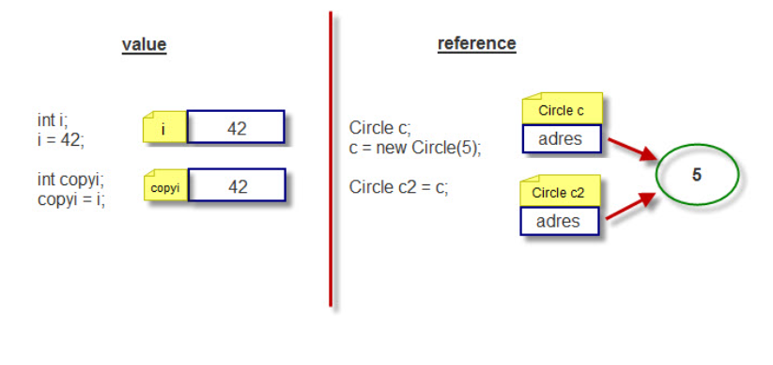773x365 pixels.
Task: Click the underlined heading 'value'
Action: click(x=144, y=44)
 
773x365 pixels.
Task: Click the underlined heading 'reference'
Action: click(x=476, y=43)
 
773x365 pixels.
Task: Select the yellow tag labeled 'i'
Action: click(x=164, y=129)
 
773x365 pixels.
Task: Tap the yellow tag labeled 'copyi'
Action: click(x=165, y=187)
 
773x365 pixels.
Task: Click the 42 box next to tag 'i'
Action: click(x=237, y=128)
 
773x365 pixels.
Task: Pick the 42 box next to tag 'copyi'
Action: click(x=237, y=186)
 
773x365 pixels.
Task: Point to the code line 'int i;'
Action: click(x=53, y=120)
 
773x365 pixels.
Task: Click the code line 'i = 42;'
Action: click(x=61, y=138)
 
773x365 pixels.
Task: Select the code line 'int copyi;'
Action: click(x=70, y=180)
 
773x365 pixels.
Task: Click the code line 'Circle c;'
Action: click(x=380, y=128)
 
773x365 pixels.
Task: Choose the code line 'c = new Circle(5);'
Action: click(x=414, y=147)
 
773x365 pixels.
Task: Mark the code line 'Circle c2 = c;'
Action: click(x=398, y=186)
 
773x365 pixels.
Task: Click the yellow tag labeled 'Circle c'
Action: click(x=561, y=110)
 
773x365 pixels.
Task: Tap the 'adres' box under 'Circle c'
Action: click(x=561, y=139)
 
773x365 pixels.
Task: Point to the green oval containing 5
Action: click(x=696, y=175)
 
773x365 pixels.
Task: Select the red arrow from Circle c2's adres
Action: click(x=631, y=204)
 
